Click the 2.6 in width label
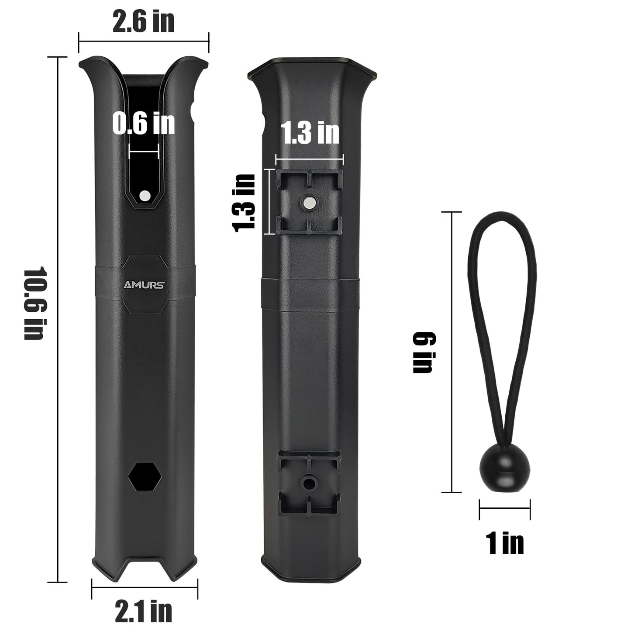coord(143,22)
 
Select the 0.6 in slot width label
coord(143,124)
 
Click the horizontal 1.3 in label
coord(310,133)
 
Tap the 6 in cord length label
coord(424,352)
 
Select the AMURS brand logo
coord(144,285)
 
